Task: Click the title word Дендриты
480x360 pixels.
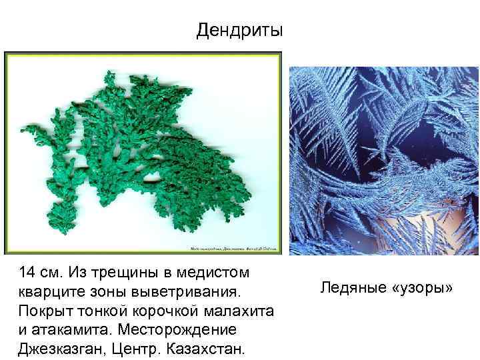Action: pos(240,31)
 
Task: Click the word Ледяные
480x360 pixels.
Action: pos(348,288)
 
